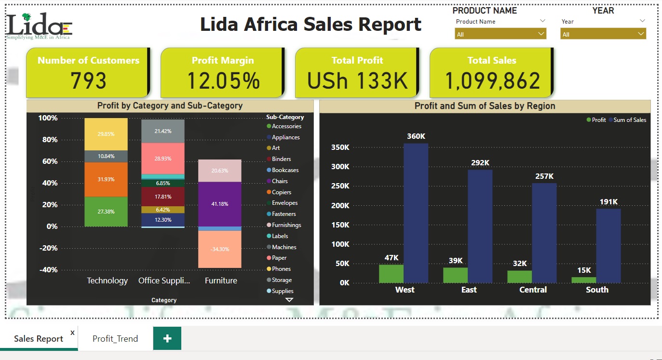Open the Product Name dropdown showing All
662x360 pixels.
pos(500,34)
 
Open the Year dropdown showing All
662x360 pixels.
pos(603,34)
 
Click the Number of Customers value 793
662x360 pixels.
pos(88,80)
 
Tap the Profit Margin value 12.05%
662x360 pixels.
pos(223,80)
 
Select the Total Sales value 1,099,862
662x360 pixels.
pos(492,80)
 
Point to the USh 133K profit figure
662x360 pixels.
pos(357,80)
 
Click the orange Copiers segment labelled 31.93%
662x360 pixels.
pos(106,179)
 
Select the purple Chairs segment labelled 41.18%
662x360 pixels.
pos(220,204)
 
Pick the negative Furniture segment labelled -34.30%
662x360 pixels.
pos(220,249)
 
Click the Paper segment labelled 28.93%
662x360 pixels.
pos(163,159)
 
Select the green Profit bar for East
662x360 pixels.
pos(455,275)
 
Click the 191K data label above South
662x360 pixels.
pos(608,202)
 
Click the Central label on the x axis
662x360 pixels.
pos(533,290)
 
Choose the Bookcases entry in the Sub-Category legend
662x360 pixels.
pos(285,170)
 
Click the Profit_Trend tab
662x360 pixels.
pos(115,338)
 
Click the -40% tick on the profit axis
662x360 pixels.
pos(48,270)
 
